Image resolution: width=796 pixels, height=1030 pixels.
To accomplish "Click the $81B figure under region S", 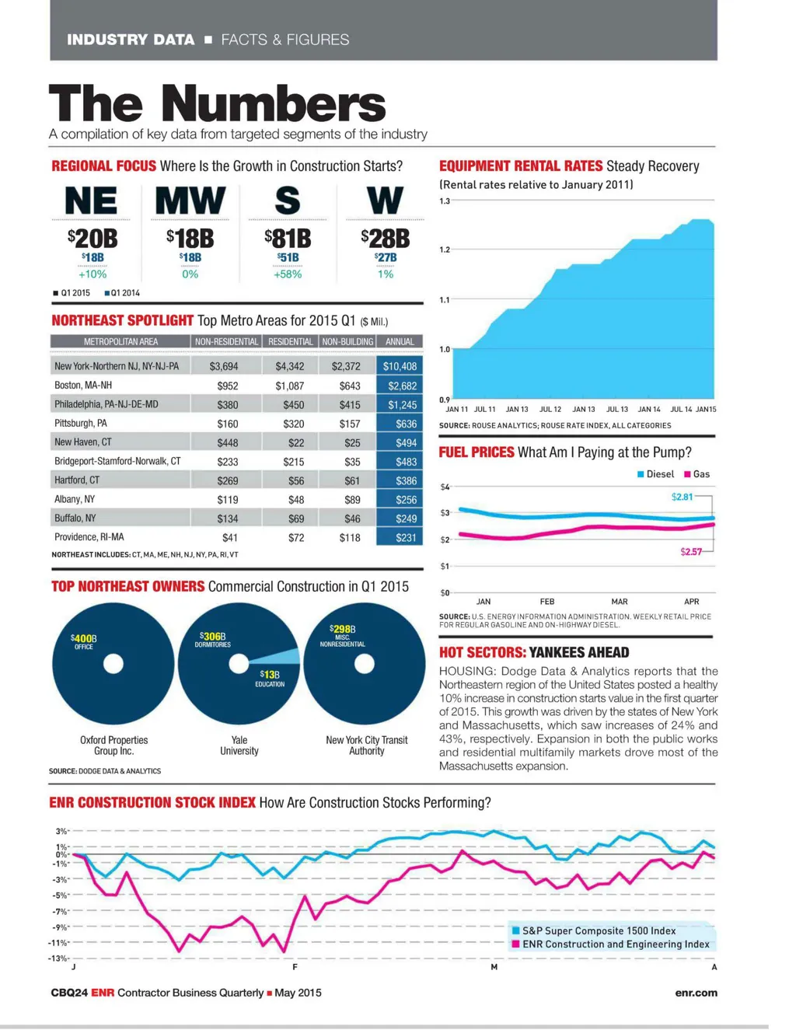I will tap(288, 238).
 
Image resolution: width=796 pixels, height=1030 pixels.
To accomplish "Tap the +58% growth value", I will tap(288, 274).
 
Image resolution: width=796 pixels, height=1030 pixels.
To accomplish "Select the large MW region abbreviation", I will tap(190, 201).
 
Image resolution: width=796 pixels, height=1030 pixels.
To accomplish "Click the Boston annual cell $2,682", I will tap(400, 386).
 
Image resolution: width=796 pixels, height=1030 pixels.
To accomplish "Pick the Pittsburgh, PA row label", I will tap(81, 424).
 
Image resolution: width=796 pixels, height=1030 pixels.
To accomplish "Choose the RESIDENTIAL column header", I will tap(290, 342).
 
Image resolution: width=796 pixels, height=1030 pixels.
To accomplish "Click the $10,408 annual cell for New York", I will tap(400, 366).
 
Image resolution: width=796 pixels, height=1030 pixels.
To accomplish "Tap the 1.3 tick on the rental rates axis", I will tap(445, 201).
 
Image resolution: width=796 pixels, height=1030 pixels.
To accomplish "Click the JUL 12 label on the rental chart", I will tap(550, 409).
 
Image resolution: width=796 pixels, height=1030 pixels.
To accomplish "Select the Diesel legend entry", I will tap(655, 474).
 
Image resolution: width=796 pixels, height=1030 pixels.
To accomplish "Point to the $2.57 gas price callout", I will tap(690, 552).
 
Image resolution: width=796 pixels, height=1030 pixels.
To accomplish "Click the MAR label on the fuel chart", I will tap(620, 602).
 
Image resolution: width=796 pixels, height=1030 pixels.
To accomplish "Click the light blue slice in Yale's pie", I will tap(285, 656).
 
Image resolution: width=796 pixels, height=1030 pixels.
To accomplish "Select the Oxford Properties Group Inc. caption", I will tap(113, 745).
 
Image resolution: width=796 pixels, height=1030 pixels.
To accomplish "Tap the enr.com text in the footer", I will tap(696, 993).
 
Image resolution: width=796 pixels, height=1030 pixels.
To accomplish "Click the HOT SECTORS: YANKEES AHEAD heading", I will tap(534, 653).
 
